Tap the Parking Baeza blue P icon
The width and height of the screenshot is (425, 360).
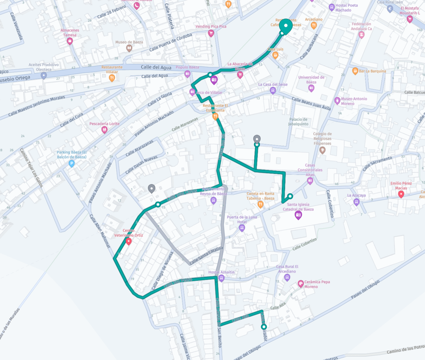[72, 163]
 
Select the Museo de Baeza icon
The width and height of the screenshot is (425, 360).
[130, 48]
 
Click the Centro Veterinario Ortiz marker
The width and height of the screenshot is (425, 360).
[129, 241]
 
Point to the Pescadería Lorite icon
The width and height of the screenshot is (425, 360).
[105, 130]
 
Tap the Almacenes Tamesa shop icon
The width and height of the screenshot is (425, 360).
[70, 41]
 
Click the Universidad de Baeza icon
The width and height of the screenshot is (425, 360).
[311, 88]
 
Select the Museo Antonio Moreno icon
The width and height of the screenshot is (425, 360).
[337, 100]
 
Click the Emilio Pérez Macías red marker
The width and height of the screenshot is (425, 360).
[401, 194]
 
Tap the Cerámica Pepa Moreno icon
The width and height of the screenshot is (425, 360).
[301, 283]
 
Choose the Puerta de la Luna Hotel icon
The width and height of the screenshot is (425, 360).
[242, 228]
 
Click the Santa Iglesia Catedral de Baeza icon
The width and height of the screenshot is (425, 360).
[299, 215]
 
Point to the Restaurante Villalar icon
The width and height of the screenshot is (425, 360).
[112, 78]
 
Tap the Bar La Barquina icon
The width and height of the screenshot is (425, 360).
[355, 71]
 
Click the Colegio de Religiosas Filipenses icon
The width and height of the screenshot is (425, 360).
[323, 150]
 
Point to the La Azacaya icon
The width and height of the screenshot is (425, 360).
[356, 202]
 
